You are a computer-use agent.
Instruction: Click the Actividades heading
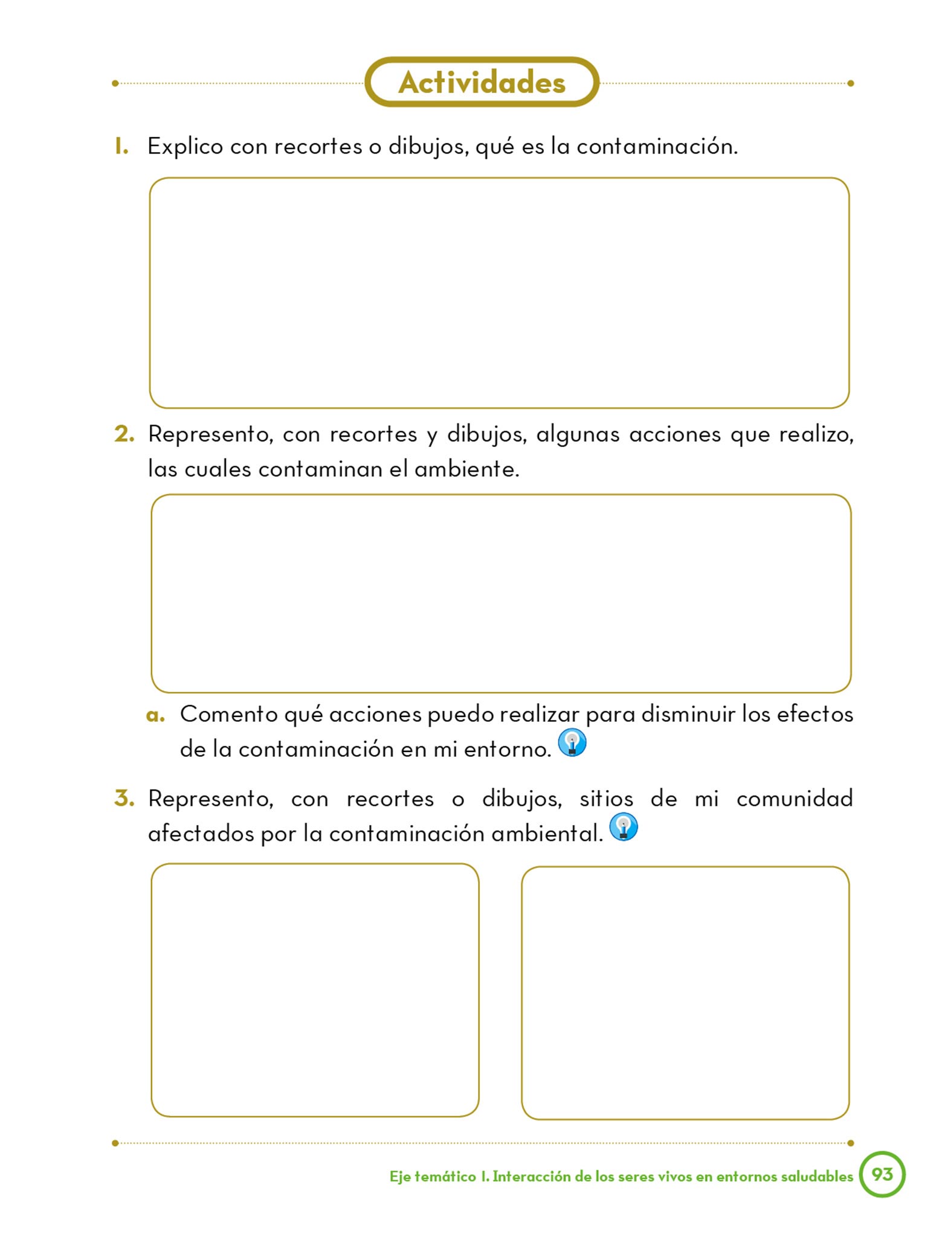(x=482, y=82)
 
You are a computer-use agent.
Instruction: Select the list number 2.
(x=124, y=434)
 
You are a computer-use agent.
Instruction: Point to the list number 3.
(x=124, y=798)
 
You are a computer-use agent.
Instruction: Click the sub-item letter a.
(x=155, y=716)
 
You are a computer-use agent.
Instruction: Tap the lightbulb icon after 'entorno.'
(x=572, y=742)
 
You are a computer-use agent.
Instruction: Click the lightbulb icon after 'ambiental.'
(x=624, y=827)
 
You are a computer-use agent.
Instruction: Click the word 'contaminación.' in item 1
(x=657, y=146)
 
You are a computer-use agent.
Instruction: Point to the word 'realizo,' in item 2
(x=816, y=434)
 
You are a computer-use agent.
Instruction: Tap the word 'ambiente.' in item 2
(x=466, y=469)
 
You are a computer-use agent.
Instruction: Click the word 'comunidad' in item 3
(x=794, y=798)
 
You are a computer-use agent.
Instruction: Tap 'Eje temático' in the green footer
(x=433, y=1176)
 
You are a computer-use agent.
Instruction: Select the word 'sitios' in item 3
(x=606, y=798)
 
